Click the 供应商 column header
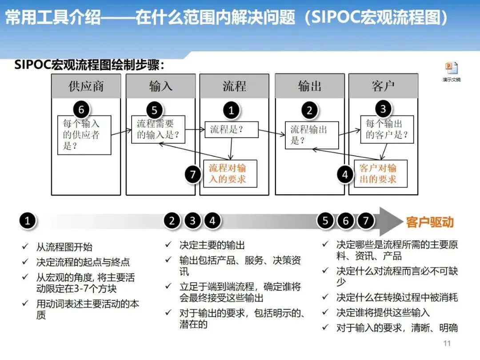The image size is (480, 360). [x=86, y=86]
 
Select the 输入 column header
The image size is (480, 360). [x=160, y=86]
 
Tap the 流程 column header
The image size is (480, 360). [x=234, y=86]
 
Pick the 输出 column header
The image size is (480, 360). [x=309, y=86]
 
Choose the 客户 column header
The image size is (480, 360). [x=383, y=86]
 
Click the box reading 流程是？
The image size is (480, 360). [x=231, y=130]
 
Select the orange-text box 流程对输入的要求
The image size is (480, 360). [x=230, y=173]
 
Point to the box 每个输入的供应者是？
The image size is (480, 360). [x=84, y=135]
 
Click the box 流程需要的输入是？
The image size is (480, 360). [x=159, y=129]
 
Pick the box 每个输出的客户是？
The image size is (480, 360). [x=387, y=129]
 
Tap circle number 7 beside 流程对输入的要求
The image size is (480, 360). [x=193, y=174]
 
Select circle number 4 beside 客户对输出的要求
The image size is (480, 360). [x=345, y=175]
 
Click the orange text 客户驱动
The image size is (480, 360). [x=430, y=222]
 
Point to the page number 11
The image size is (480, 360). [x=447, y=343]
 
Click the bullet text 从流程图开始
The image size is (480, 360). [x=64, y=247]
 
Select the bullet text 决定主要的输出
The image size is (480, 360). [x=212, y=245]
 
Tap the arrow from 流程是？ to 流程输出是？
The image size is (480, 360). [x=272, y=133]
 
